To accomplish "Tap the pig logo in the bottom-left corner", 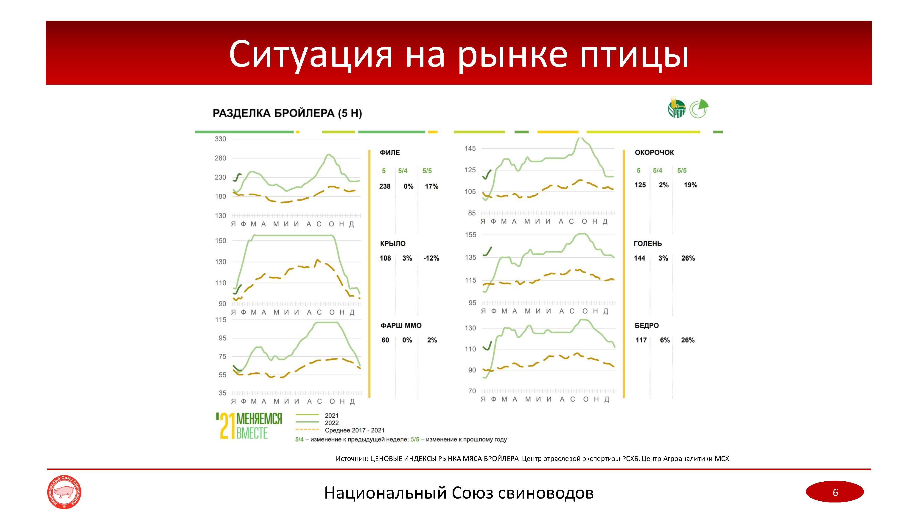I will coord(64,492).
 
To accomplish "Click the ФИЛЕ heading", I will coord(389,153).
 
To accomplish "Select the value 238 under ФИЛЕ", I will coord(384,186).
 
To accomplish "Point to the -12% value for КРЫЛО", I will coord(431,258).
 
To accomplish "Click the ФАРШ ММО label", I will coord(401,325).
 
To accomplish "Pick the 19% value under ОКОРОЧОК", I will coord(690,185).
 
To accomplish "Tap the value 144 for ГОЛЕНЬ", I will coord(639,258).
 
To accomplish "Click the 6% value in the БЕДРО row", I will coord(665,340).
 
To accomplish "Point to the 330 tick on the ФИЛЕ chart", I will coord(220,139).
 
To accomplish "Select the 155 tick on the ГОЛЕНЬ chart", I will coord(470,235).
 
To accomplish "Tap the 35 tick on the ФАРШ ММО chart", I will coord(222,393).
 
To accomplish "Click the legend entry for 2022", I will coord(331,423).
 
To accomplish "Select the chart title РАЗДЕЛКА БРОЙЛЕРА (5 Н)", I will coord(287,113).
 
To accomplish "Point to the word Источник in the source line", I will coord(351,459).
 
